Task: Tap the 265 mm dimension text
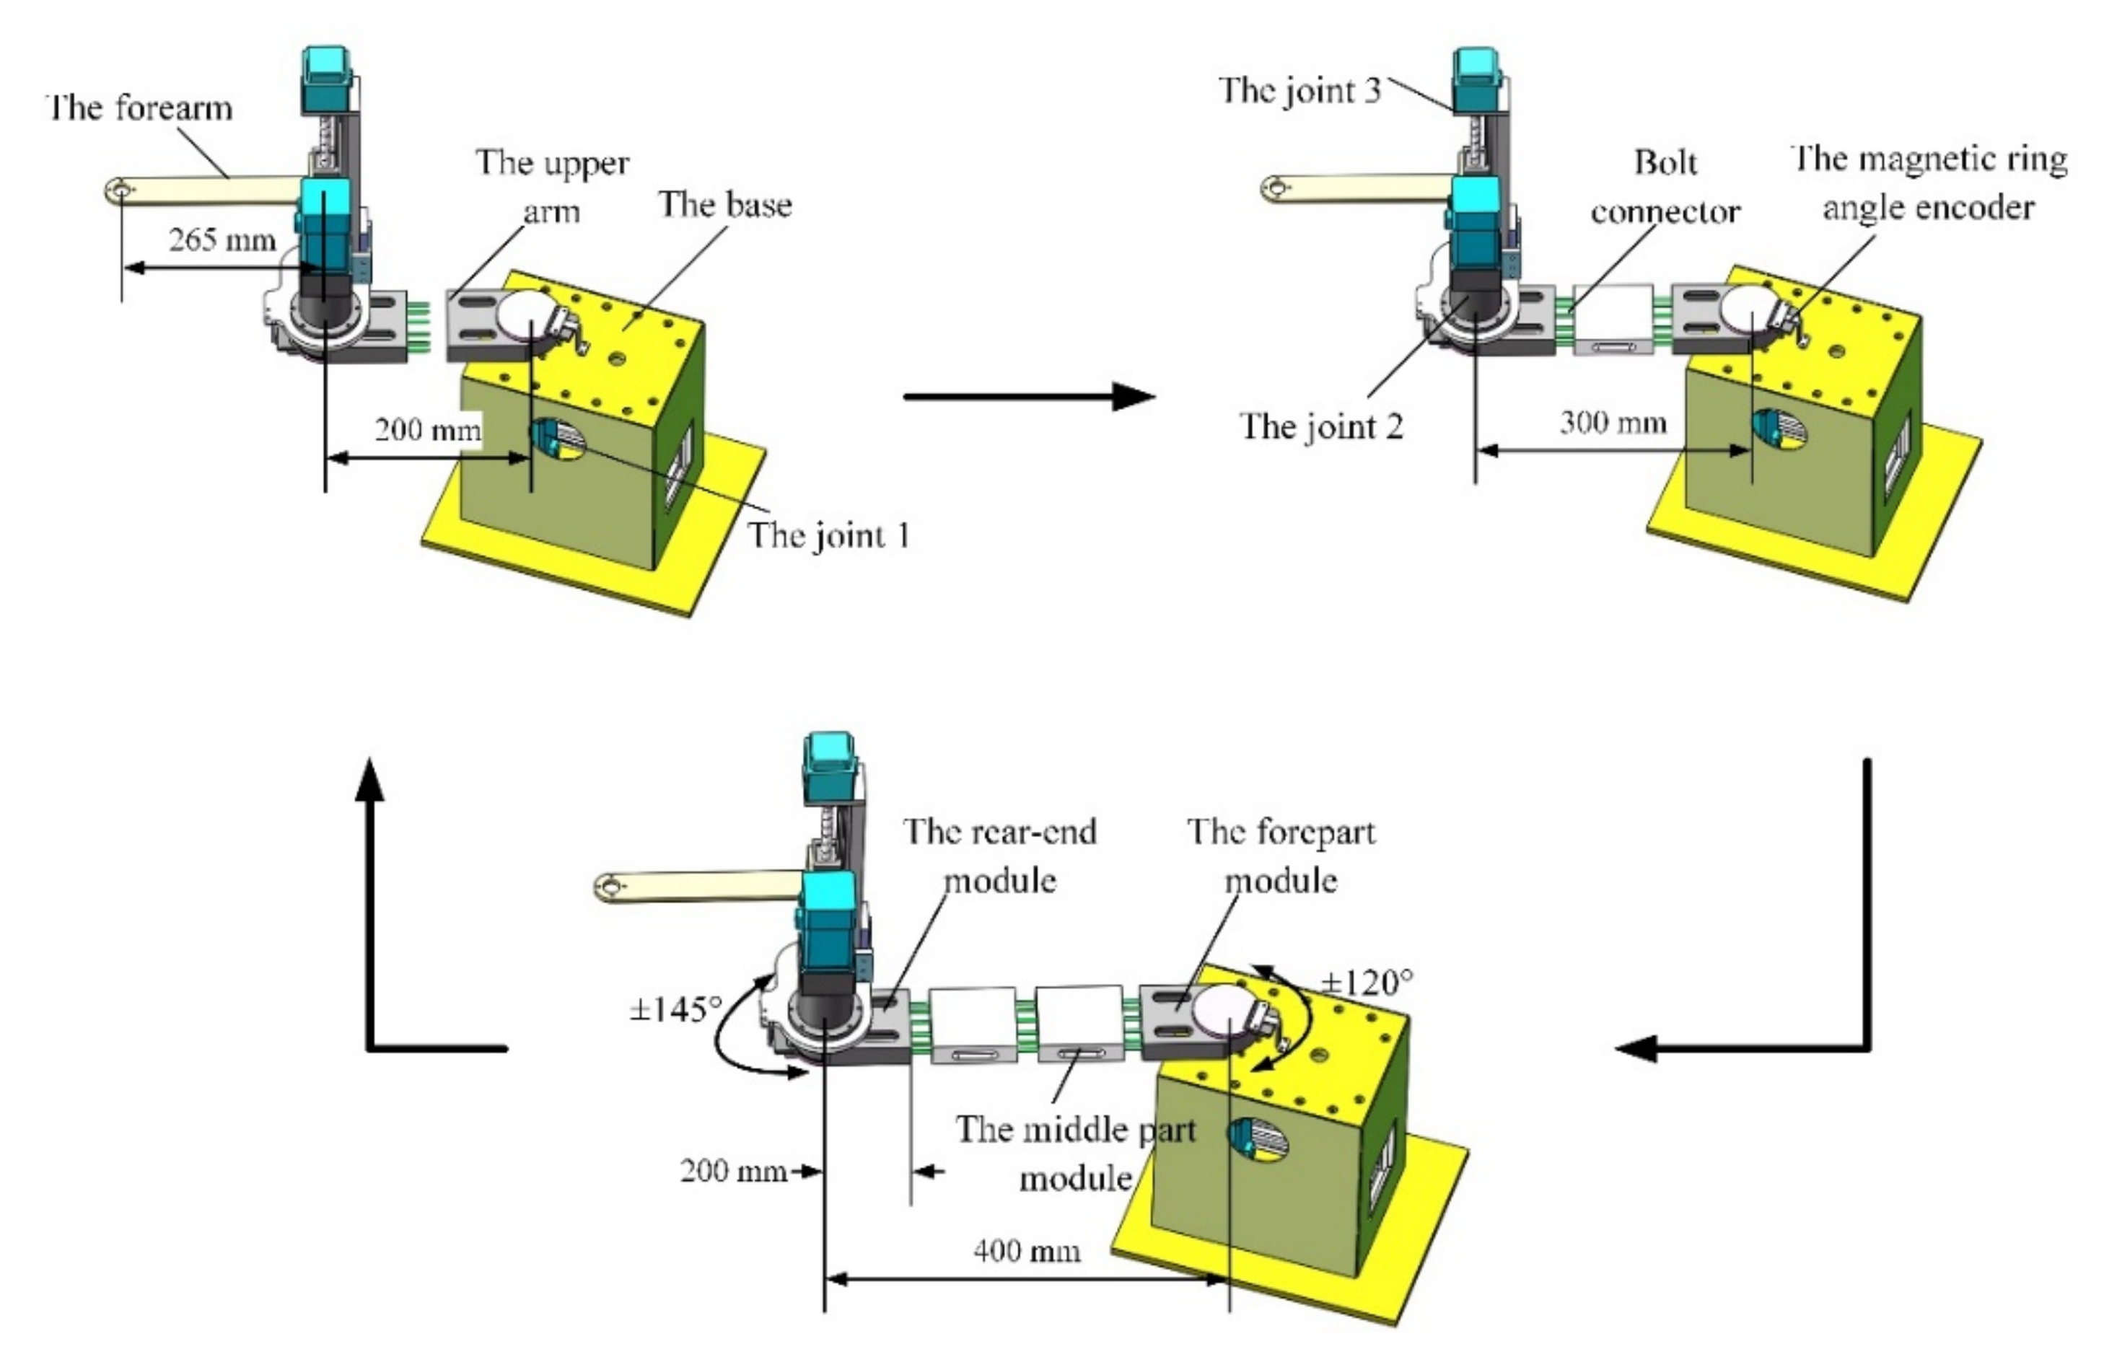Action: [222, 240]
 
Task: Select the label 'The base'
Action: [725, 204]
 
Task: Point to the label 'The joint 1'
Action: [828, 535]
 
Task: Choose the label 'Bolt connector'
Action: [1665, 187]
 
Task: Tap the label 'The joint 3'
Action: [1300, 90]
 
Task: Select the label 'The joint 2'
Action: [1322, 426]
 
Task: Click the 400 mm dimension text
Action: [1027, 1250]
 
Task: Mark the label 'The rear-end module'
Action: [1000, 855]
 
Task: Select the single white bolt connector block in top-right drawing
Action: [1613, 318]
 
